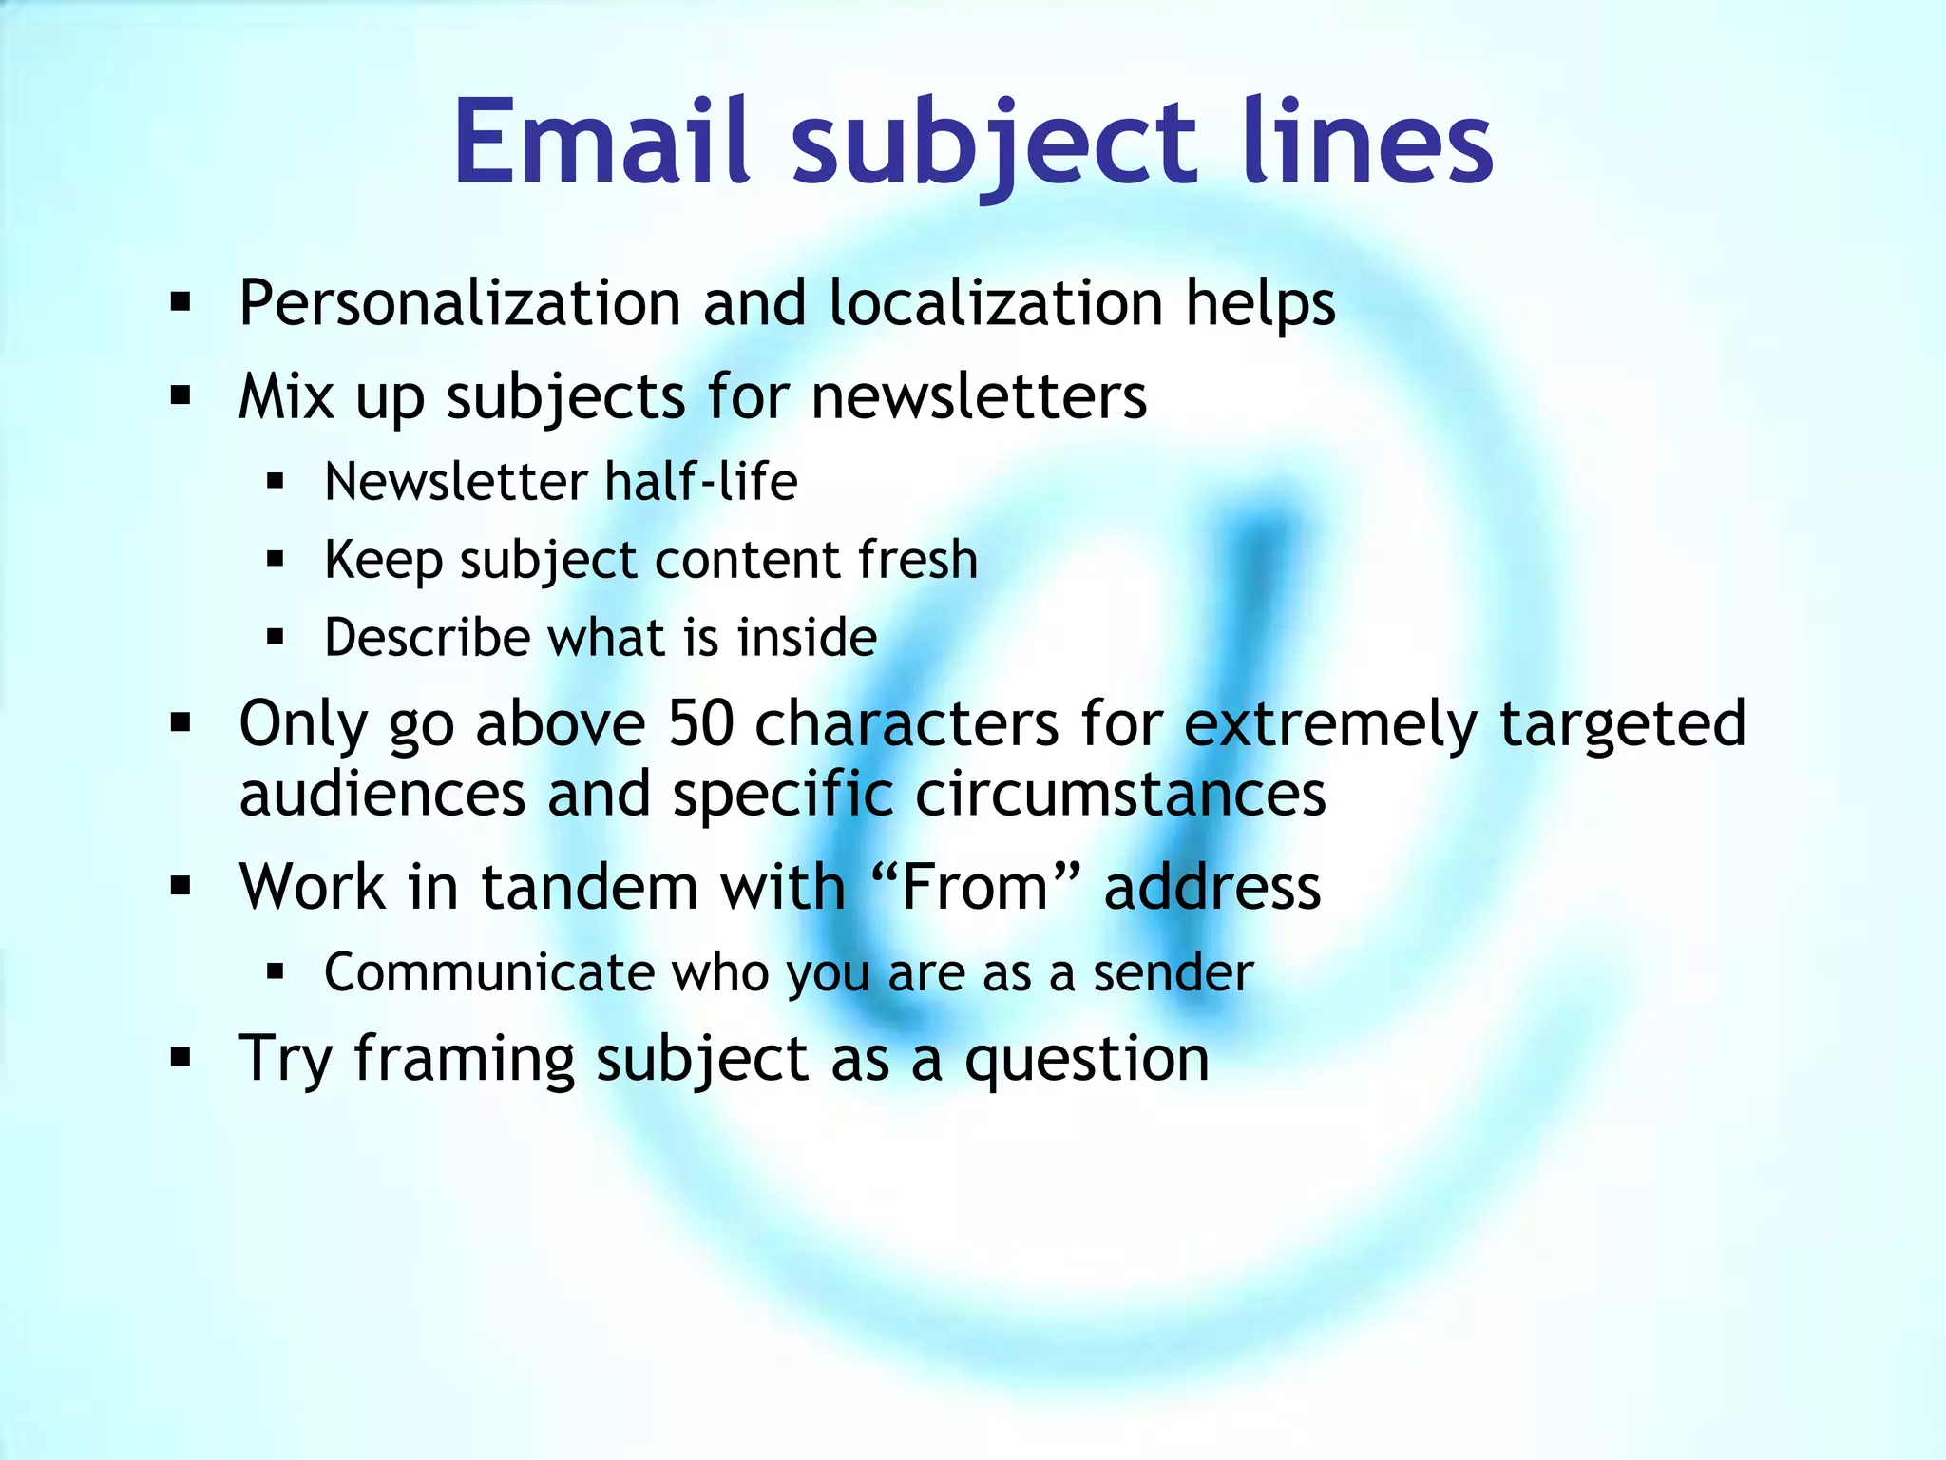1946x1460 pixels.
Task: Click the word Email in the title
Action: [x=601, y=143]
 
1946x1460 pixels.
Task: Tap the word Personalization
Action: [x=460, y=304]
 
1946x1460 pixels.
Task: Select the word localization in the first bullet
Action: [x=995, y=304]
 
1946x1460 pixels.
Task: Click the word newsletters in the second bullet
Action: [x=978, y=396]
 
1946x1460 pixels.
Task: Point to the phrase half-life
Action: [x=700, y=482]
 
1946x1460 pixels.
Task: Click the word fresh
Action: [x=917, y=559]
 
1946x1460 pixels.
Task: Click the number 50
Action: [x=700, y=724]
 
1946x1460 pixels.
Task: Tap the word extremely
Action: [x=1329, y=724]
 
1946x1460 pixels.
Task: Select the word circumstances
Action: [x=1119, y=795]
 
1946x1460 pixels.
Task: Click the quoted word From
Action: [x=974, y=888]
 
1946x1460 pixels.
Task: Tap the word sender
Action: [x=1173, y=973]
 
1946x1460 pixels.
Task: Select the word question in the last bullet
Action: [x=1086, y=1060]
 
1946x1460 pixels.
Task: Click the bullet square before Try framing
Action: [x=181, y=1057]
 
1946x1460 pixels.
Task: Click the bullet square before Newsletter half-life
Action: [x=276, y=482]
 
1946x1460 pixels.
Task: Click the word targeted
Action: [x=1622, y=724]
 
